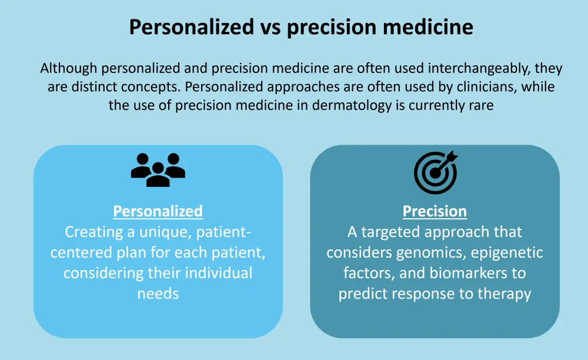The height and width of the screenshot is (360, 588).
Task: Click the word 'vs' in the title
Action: [x=270, y=28]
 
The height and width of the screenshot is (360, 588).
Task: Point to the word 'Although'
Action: [x=69, y=69]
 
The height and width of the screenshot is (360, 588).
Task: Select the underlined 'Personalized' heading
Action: [x=158, y=212]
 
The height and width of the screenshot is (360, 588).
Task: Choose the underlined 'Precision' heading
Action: [x=435, y=212]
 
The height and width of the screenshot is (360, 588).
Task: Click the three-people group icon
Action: [x=158, y=170]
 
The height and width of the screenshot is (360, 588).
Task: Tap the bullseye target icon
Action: [x=436, y=172]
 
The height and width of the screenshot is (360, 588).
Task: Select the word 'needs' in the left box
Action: [x=158, y=294]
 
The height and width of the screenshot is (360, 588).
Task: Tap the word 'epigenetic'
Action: [x=507, y=253]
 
